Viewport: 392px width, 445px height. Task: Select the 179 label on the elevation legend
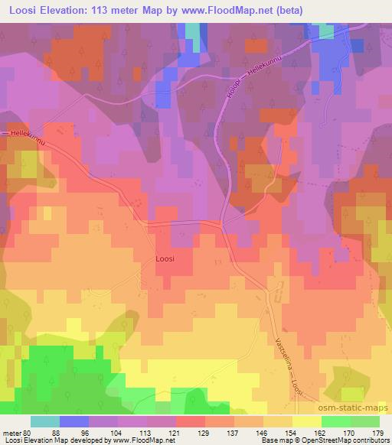pyautogui.click(x=378, y=431)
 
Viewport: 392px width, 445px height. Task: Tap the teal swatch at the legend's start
pyautogui.click(x=45, y=421)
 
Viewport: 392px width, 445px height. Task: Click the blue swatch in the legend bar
pyautogui.click(x=74, y=421)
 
